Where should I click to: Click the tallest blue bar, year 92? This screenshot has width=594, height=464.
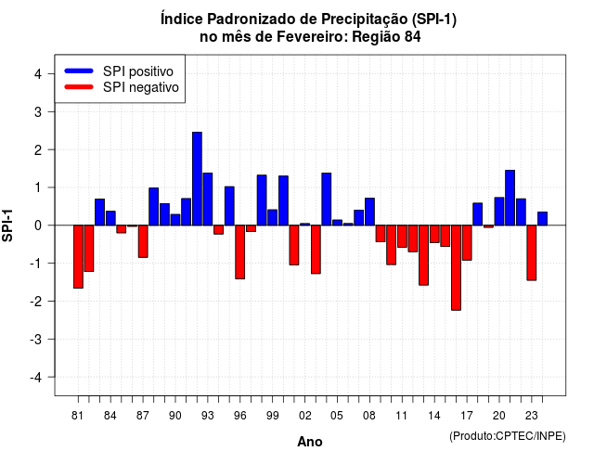197,179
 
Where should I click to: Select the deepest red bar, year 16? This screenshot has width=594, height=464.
456,268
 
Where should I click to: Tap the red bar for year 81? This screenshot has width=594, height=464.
78,257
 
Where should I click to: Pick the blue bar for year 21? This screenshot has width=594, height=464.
510,198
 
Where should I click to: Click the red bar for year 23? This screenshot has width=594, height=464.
532,252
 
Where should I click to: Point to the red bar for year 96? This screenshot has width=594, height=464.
240,251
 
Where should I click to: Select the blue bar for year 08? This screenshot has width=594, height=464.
369,212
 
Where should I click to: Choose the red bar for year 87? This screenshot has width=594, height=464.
143,241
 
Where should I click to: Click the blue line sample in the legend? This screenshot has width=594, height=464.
79,71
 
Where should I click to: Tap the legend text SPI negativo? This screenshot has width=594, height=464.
141,87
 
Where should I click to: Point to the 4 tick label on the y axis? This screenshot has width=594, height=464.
38,74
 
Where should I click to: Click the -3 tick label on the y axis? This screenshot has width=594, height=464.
35,339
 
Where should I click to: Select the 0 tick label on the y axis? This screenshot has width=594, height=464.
38,226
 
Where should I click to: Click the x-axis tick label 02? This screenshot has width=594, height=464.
305,416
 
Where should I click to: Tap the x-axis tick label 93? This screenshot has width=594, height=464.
208,416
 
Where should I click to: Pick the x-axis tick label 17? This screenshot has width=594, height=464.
467,416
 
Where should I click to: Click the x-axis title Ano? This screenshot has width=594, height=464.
310,442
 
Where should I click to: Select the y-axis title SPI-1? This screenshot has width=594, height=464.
7,226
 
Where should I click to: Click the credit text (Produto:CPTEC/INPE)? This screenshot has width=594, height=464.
508,436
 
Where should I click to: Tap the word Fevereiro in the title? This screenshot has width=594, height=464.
312,37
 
